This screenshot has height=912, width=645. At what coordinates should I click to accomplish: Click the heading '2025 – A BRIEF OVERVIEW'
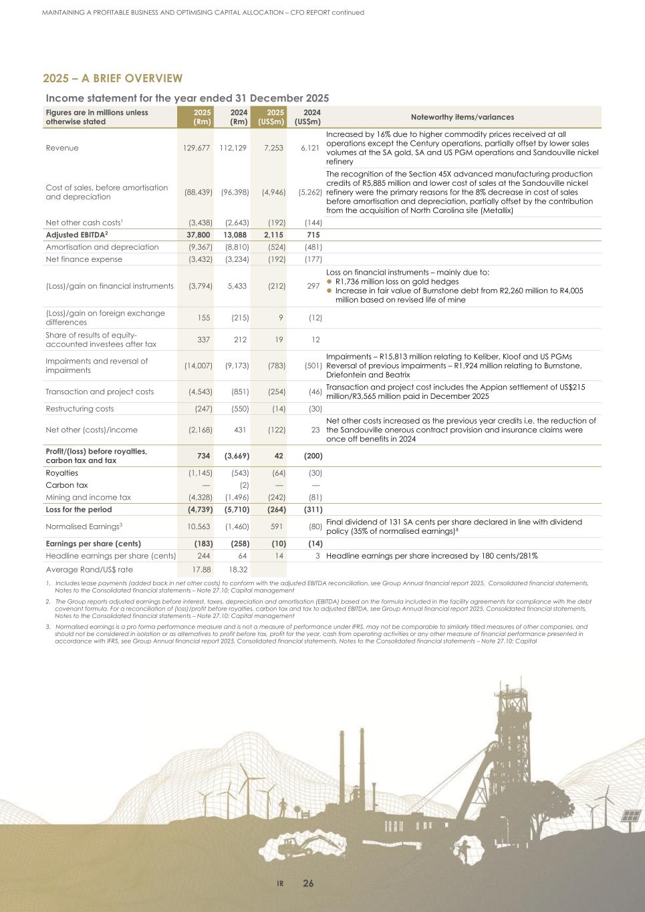[112, 79]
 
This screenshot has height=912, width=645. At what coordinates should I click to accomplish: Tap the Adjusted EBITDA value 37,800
[198, 235]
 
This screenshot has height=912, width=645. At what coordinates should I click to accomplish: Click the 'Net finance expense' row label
[84, 259]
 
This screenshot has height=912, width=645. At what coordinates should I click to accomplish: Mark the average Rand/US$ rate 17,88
[202, 569]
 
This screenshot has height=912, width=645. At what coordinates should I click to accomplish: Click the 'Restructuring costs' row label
[80, 408]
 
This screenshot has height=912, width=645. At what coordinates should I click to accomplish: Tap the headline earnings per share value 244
[203, 556]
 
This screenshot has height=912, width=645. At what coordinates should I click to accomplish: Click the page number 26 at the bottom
[308, 883]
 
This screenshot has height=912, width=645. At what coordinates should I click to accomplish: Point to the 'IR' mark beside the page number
[281, 884]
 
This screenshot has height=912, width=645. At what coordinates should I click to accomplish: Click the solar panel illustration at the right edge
[632, 816]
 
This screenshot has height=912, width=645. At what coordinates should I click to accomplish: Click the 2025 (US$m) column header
[271, 117]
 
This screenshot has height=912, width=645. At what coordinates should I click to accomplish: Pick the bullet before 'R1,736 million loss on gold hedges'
[329, 282]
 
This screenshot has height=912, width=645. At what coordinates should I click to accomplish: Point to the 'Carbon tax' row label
[66, 485]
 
